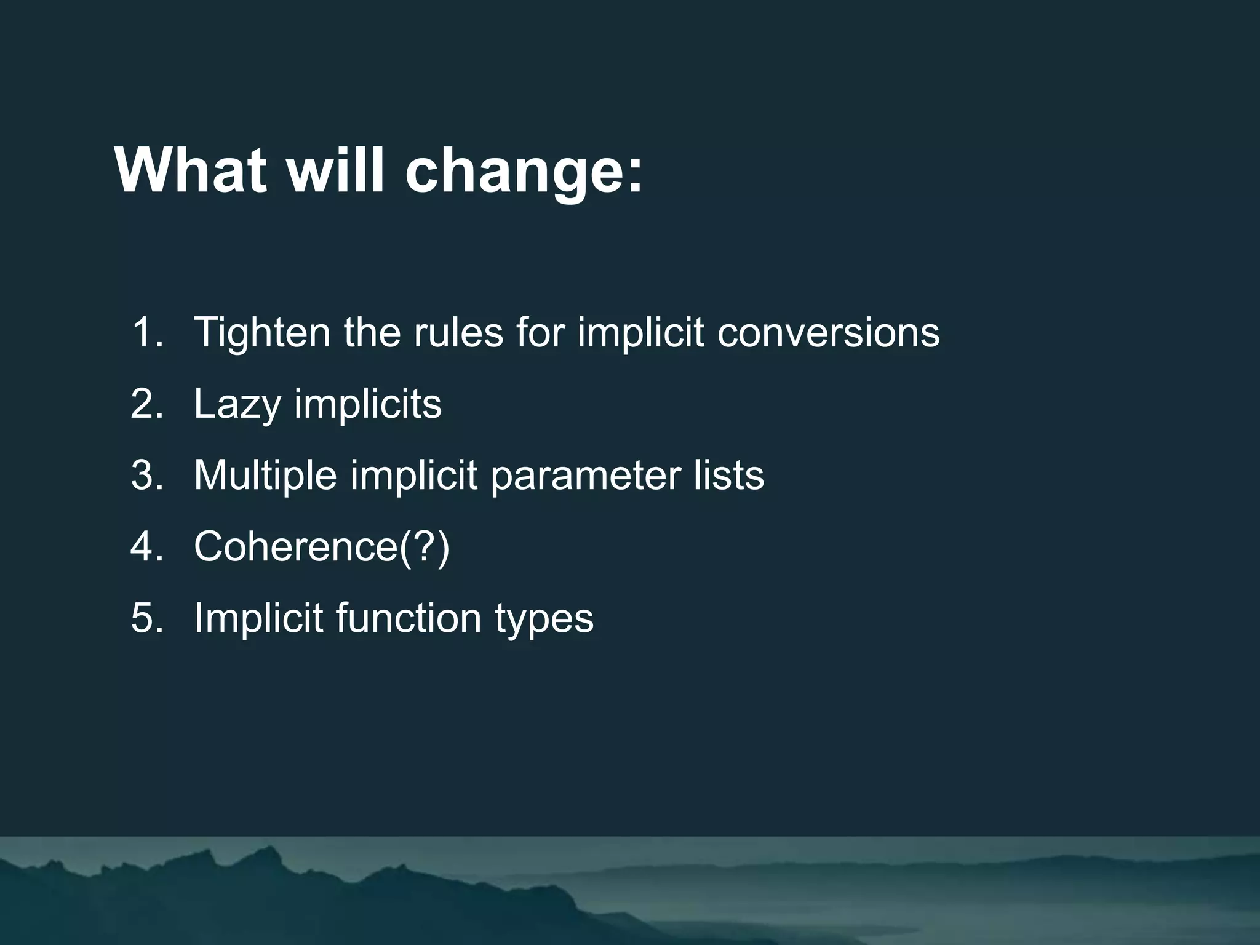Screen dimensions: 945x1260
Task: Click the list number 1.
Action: click(x=147, y=333)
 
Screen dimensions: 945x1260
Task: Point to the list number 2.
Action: click(x=147, y=404)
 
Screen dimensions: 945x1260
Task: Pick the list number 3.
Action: click(x=147, y=476)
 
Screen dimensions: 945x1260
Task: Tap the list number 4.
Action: click(x=147, y=546)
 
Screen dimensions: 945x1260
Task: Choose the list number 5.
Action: click(x=147, y=618)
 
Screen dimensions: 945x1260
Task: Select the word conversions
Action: click(x=828, y=333)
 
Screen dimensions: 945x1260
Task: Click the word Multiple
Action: click(x=265, y=476)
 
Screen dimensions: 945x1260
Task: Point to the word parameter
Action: click(x=586, y=476)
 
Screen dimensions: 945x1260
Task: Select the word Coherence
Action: click(x=296, y=546)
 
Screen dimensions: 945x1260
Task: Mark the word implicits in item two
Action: click(x=367, y=404)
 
